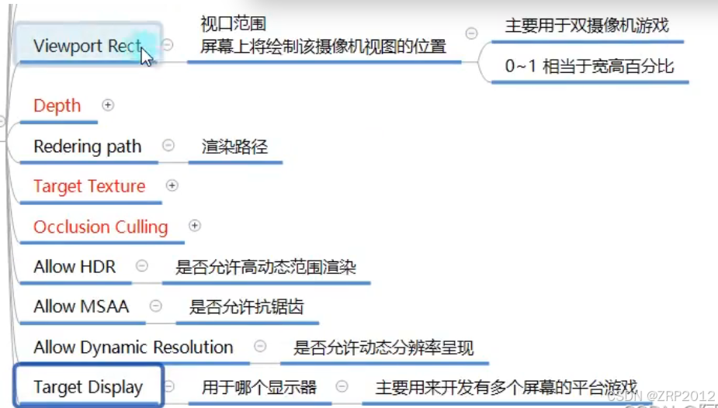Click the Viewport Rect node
pyautogui.click(x=87, y=46)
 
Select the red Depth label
pyautogui.click(x=57, y=105)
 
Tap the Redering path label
pyautogui.click(x=88, y=146)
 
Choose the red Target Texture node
pyautogui.click(x=89, y=186)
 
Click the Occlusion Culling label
pyautogui.click(x=101, y=226)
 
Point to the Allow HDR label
pyautogui.click(x=75, y=267)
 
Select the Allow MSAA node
pyautogui.click(x=82, y=306)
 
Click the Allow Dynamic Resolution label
pyautogui.click(x=134, y=347)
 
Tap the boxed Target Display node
pyautogui.click(x=88, y=386)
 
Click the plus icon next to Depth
pyautogui.click(x=108, y=105)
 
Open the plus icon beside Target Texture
pyautogui.click(x=172, y=185)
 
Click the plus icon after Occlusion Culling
pyautogui.click(x=195, y=226)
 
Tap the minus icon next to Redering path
pyautogui.click(x=168, y=145)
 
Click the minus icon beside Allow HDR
pyautogui.click(x=141, y=266)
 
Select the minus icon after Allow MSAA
pyautogui.click(x=156, y=306)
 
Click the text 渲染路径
pyautogui.click(x=234, y=146)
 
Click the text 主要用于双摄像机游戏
pyautogui.click(x=587, y=26)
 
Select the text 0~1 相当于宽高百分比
pyautogui.click(x=590, y=67)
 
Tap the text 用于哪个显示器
pyautogui.click(x=259, y=387)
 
